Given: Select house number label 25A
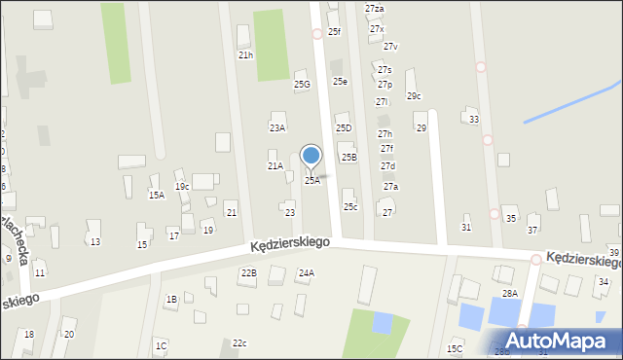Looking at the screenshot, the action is click(x=311, y=180).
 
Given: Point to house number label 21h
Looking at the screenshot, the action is click(x=246, y=55).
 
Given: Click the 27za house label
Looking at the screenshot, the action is click(x=375, y=8).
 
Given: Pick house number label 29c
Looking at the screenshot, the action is click(x=414, y=95).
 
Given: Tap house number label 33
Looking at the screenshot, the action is click(x=474, y=119).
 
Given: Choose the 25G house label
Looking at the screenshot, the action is click(x=302, y=85).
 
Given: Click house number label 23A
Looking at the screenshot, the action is click(x=277, y=127).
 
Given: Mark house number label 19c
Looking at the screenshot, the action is click(x=182, y=186).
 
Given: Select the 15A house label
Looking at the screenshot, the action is click(x=156, y=195).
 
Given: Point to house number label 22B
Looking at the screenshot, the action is click(x=248, y=272).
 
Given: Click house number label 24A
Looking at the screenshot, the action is click(x=306, y=272).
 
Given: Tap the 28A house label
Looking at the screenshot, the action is click(x=509, y=292).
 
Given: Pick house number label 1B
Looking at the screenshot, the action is click(x=171, y=299).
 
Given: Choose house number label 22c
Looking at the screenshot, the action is click(x=239, y=342).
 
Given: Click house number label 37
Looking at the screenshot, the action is click(x=532, y=230).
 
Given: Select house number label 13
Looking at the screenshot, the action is click(x=94, y=240).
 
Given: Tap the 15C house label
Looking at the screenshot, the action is click(x=455, y=348).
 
